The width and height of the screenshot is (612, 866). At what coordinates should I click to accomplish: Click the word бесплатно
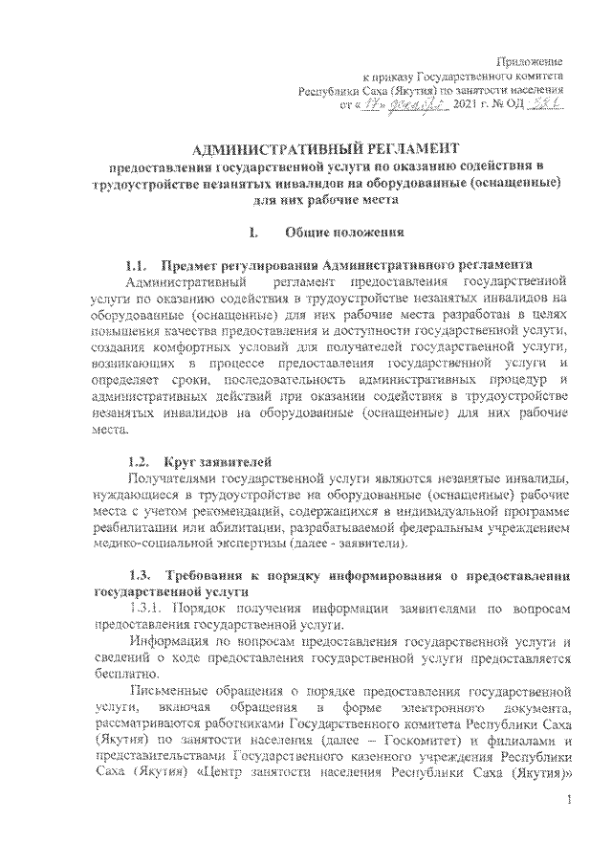point(122,675)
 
